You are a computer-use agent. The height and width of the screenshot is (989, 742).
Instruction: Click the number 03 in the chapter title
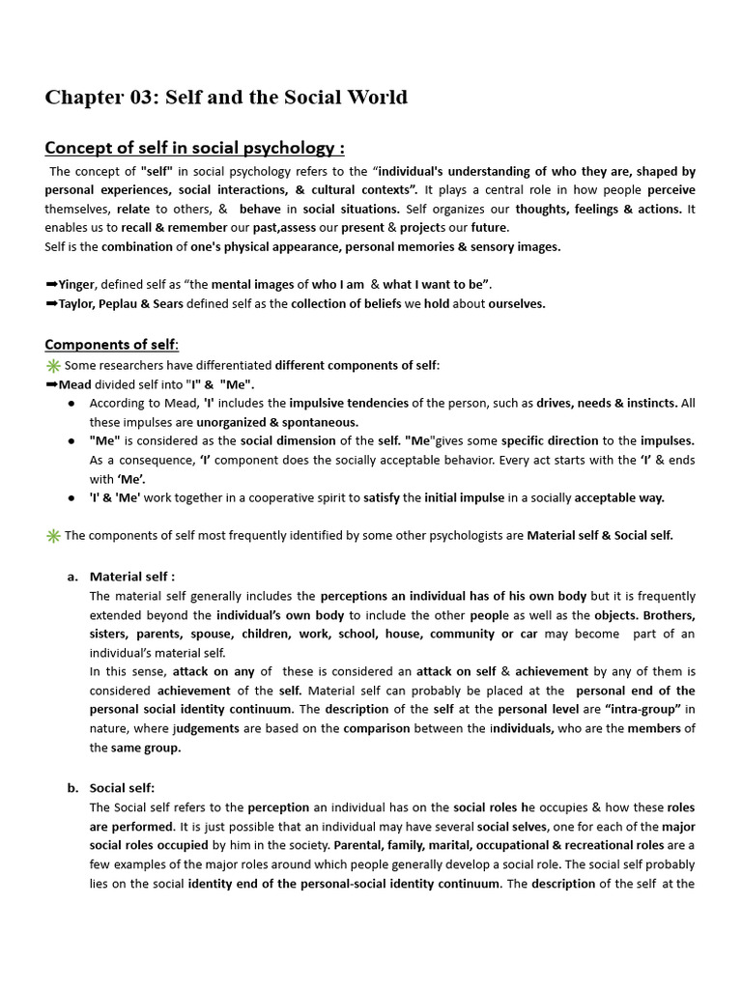(142, 98)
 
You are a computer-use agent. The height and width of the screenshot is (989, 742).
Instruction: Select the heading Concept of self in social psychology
(194, 148)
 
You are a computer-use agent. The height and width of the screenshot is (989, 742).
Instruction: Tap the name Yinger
(77, 284)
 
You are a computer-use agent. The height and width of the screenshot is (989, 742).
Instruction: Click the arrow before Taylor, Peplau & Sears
(51, 303)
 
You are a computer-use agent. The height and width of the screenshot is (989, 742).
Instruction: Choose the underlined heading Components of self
(111, 345)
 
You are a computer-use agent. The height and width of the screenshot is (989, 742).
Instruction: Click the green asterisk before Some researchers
(53, 365)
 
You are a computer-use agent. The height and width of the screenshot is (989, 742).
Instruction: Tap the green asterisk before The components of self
(53, 536)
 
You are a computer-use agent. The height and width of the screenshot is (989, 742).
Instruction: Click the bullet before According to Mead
(72, 404)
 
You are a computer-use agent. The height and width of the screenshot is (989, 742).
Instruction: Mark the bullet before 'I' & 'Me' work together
(72, 498)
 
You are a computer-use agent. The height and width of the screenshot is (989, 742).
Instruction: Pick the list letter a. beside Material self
(72, 577)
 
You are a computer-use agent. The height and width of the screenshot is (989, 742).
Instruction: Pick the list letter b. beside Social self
(72, 788)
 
